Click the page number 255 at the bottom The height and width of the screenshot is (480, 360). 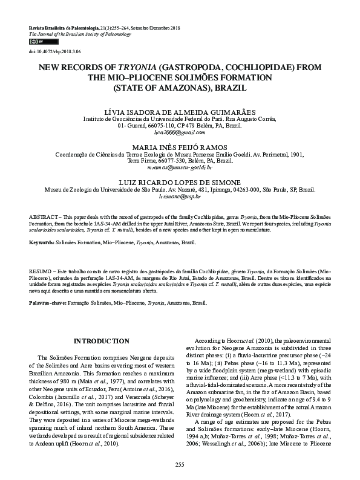click(180, 464)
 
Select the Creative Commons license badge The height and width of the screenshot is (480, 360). click(36, 42)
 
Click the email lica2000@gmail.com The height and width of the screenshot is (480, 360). click(180, 132)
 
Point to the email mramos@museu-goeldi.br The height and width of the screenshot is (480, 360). click(180, 167)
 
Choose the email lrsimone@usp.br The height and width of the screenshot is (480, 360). click(180, 197)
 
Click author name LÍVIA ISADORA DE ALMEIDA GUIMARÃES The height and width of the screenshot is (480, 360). click(180, 111)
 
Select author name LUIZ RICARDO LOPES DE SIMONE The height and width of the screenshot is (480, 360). click(180, 181)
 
